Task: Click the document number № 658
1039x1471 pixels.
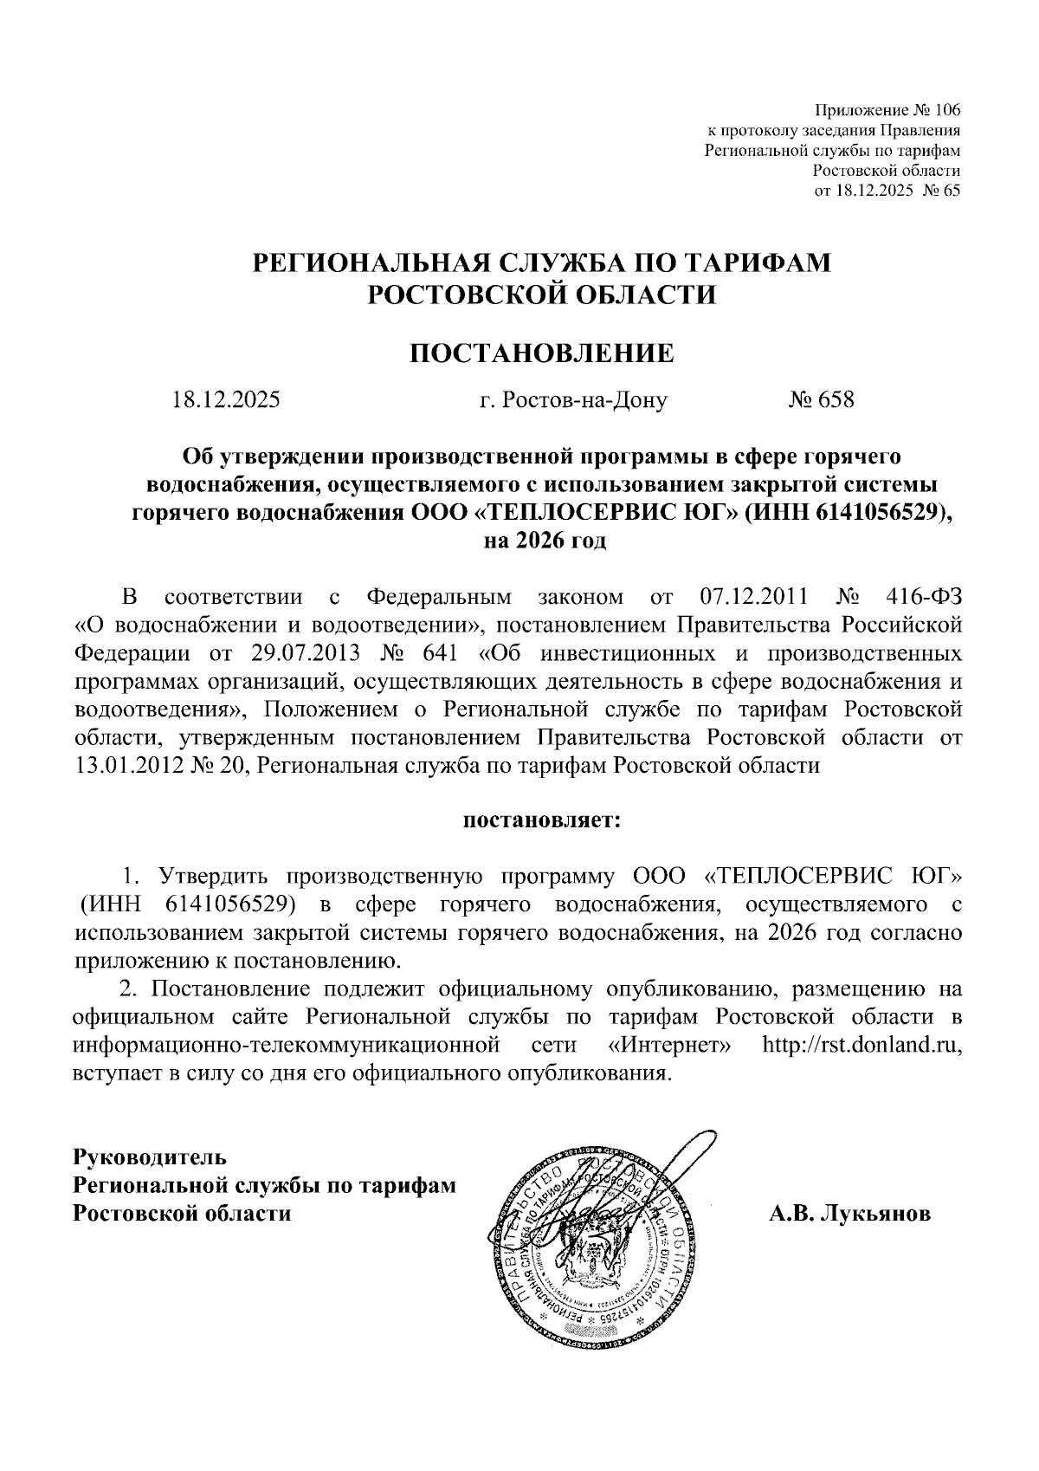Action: tap(821, 400)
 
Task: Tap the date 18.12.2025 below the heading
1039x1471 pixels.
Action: tap(226, 400)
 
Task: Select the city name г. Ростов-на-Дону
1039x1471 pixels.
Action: tap(572, 401)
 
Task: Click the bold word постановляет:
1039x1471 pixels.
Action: tap(539, 819)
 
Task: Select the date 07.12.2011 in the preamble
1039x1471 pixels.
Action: tap(752, 598)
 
